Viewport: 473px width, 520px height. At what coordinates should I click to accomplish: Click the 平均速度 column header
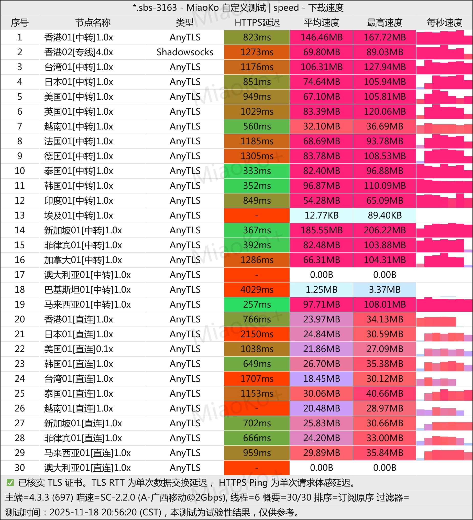[321, 23]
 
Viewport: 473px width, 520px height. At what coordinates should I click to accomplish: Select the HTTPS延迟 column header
[257, 23]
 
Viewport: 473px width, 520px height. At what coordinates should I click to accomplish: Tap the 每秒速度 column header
[444, 23]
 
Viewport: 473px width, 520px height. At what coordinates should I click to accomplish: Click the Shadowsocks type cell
[185, 52]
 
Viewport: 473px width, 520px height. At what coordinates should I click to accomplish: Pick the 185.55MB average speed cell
[321, 230]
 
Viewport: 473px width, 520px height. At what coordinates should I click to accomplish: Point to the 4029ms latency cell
[257, 290]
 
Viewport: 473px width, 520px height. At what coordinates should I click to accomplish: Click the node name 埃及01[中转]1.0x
[78, 215]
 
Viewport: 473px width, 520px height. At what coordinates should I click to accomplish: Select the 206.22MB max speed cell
[384, 230]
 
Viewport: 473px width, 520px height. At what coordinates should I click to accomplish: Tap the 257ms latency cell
[257, 305]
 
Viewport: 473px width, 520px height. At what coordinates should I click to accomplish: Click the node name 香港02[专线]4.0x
[78, 52]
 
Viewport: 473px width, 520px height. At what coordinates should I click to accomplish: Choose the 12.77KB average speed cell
[321, 215]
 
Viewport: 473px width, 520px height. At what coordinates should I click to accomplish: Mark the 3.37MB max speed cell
[384, 290]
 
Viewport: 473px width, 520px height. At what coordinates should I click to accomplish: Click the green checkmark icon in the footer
[10, 483]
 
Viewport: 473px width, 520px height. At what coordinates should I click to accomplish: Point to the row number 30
[20, 468]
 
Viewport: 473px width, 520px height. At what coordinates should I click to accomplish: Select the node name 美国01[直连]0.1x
[78, 349]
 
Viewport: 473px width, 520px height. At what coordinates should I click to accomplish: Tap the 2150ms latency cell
[257, 334]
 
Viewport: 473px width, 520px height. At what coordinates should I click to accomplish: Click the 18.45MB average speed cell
[321, 379]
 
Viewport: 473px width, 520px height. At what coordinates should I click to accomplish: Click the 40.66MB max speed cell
[384, 394]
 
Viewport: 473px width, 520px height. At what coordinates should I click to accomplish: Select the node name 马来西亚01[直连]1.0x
[87, 453]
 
